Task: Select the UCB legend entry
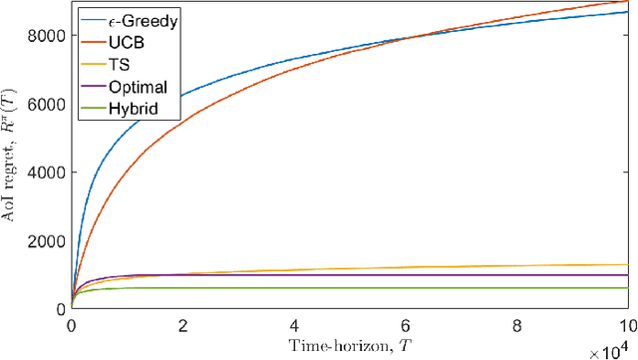coord(133,41)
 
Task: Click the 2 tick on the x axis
coord(182,325)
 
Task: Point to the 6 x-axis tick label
coord(405,325)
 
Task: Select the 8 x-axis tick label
coord(516,325)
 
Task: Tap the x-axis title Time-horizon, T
coord(349,346)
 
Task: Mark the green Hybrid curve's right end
coord(627,288)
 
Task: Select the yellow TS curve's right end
coord(627,264)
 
